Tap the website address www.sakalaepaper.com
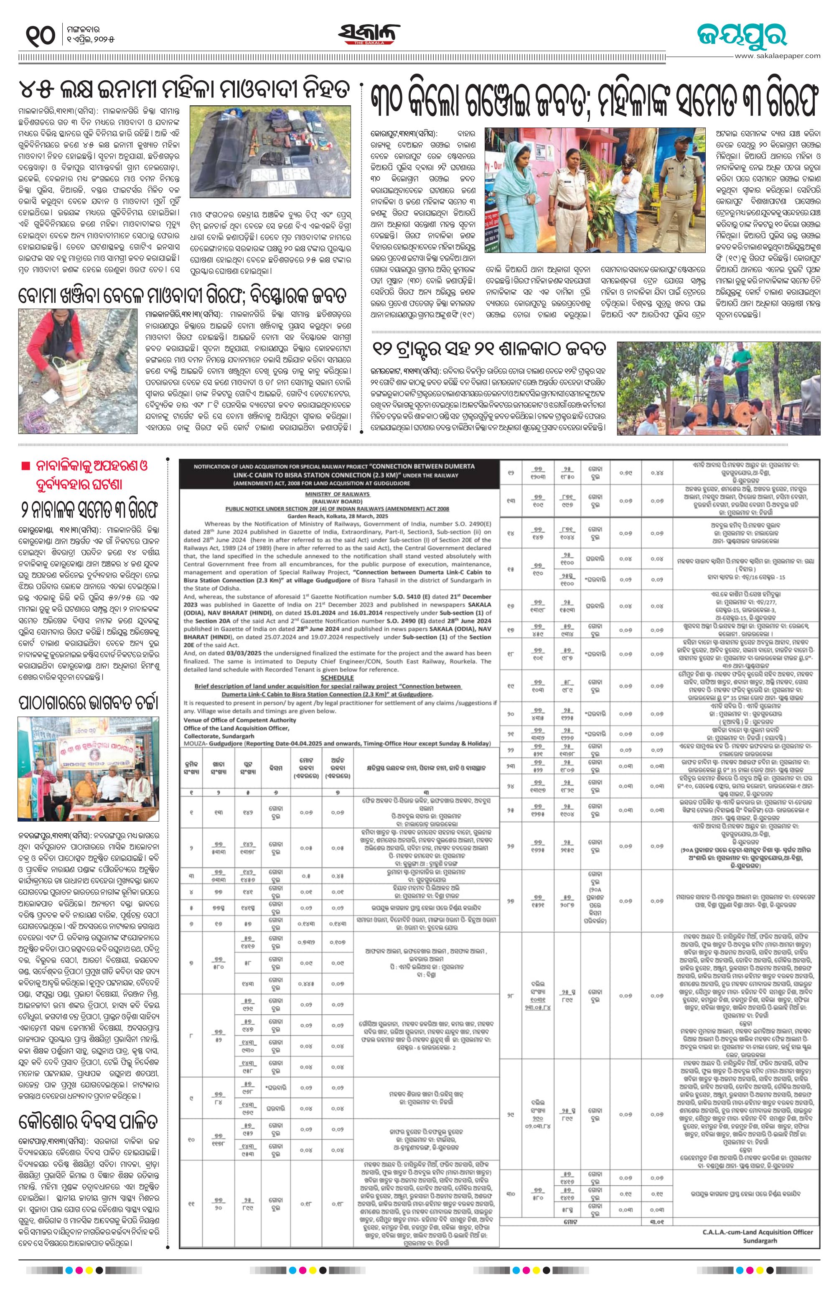click(x=777, y=56)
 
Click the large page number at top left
click(x=40, y=36)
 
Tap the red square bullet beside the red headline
click(x=25, y=466)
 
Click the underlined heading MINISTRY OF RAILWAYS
click(x=337, y=494)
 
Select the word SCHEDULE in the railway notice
click(x=337, y=678)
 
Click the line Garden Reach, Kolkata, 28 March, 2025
click(x=337, y=516)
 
